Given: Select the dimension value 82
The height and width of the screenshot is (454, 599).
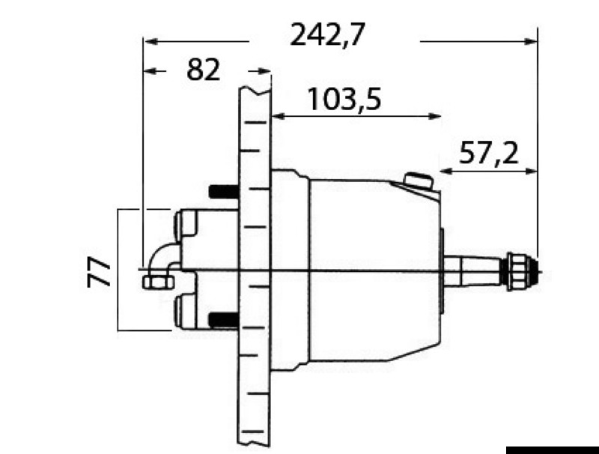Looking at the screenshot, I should coord(204,70).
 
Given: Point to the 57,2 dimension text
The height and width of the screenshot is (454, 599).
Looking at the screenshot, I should coord(488,153).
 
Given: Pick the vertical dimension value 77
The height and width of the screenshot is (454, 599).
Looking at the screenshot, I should coord(99,271).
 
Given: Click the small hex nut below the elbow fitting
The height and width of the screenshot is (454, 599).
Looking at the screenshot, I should coord(157,282).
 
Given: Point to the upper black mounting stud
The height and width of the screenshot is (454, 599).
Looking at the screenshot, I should coord(223,191).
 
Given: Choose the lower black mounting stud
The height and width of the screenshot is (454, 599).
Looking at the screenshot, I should coord(223,321).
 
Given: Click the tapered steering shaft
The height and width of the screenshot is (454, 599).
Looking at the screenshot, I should coord(475,271).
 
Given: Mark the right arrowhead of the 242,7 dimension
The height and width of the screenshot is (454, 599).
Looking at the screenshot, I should coord(532,41).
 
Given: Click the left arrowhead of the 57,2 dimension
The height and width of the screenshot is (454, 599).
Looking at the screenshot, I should coord(445,172).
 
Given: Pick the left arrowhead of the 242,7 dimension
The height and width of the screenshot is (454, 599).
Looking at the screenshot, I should coord(149,41).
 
